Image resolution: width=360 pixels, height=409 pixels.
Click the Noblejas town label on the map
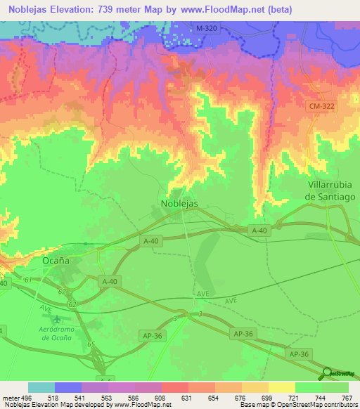(179, 203)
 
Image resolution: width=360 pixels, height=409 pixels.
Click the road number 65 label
(90, 343)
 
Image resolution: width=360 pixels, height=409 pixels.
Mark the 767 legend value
(347, 397)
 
